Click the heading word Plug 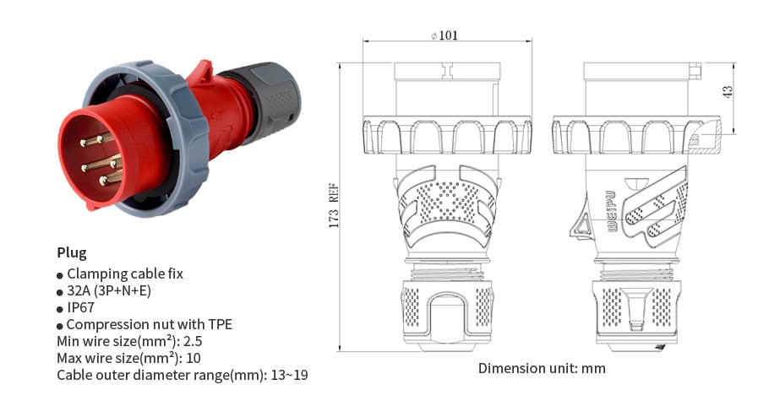point(72,252)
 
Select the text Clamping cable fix point(124,274)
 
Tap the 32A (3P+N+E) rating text point(121,290)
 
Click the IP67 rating point(80,308)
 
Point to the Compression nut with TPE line point(149,325)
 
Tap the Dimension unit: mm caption point(542,368)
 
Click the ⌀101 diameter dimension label point(445,35)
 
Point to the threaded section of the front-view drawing point(446,273)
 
